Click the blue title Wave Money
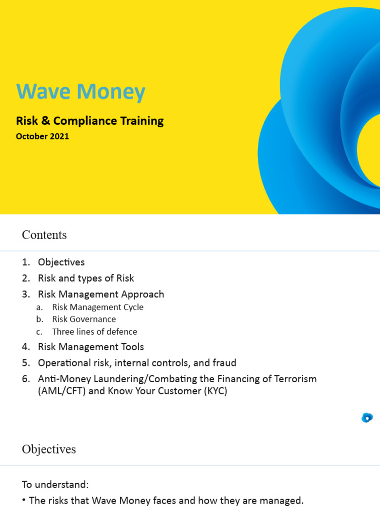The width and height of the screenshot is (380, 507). [81, 92]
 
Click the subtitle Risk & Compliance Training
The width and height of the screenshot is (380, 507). [90, 121]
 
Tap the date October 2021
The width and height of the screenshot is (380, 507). [43, 137]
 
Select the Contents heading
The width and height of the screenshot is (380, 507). [44, 235]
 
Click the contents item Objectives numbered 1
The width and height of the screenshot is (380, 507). [61, 262]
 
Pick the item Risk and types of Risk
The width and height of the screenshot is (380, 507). [86, 278]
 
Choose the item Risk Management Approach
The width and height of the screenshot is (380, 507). [101, 294]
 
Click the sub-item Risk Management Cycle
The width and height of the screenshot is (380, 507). [97, 307]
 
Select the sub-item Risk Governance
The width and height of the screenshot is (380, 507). [84, 319]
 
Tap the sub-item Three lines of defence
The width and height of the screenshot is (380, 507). [95, 332]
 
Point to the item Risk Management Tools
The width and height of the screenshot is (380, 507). [91, 347]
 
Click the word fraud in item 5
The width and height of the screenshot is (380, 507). [225, 363]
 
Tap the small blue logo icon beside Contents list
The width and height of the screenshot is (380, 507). [367, 417]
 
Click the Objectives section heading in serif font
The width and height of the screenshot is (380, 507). [49, 449]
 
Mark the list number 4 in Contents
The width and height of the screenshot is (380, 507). [26, 347]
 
